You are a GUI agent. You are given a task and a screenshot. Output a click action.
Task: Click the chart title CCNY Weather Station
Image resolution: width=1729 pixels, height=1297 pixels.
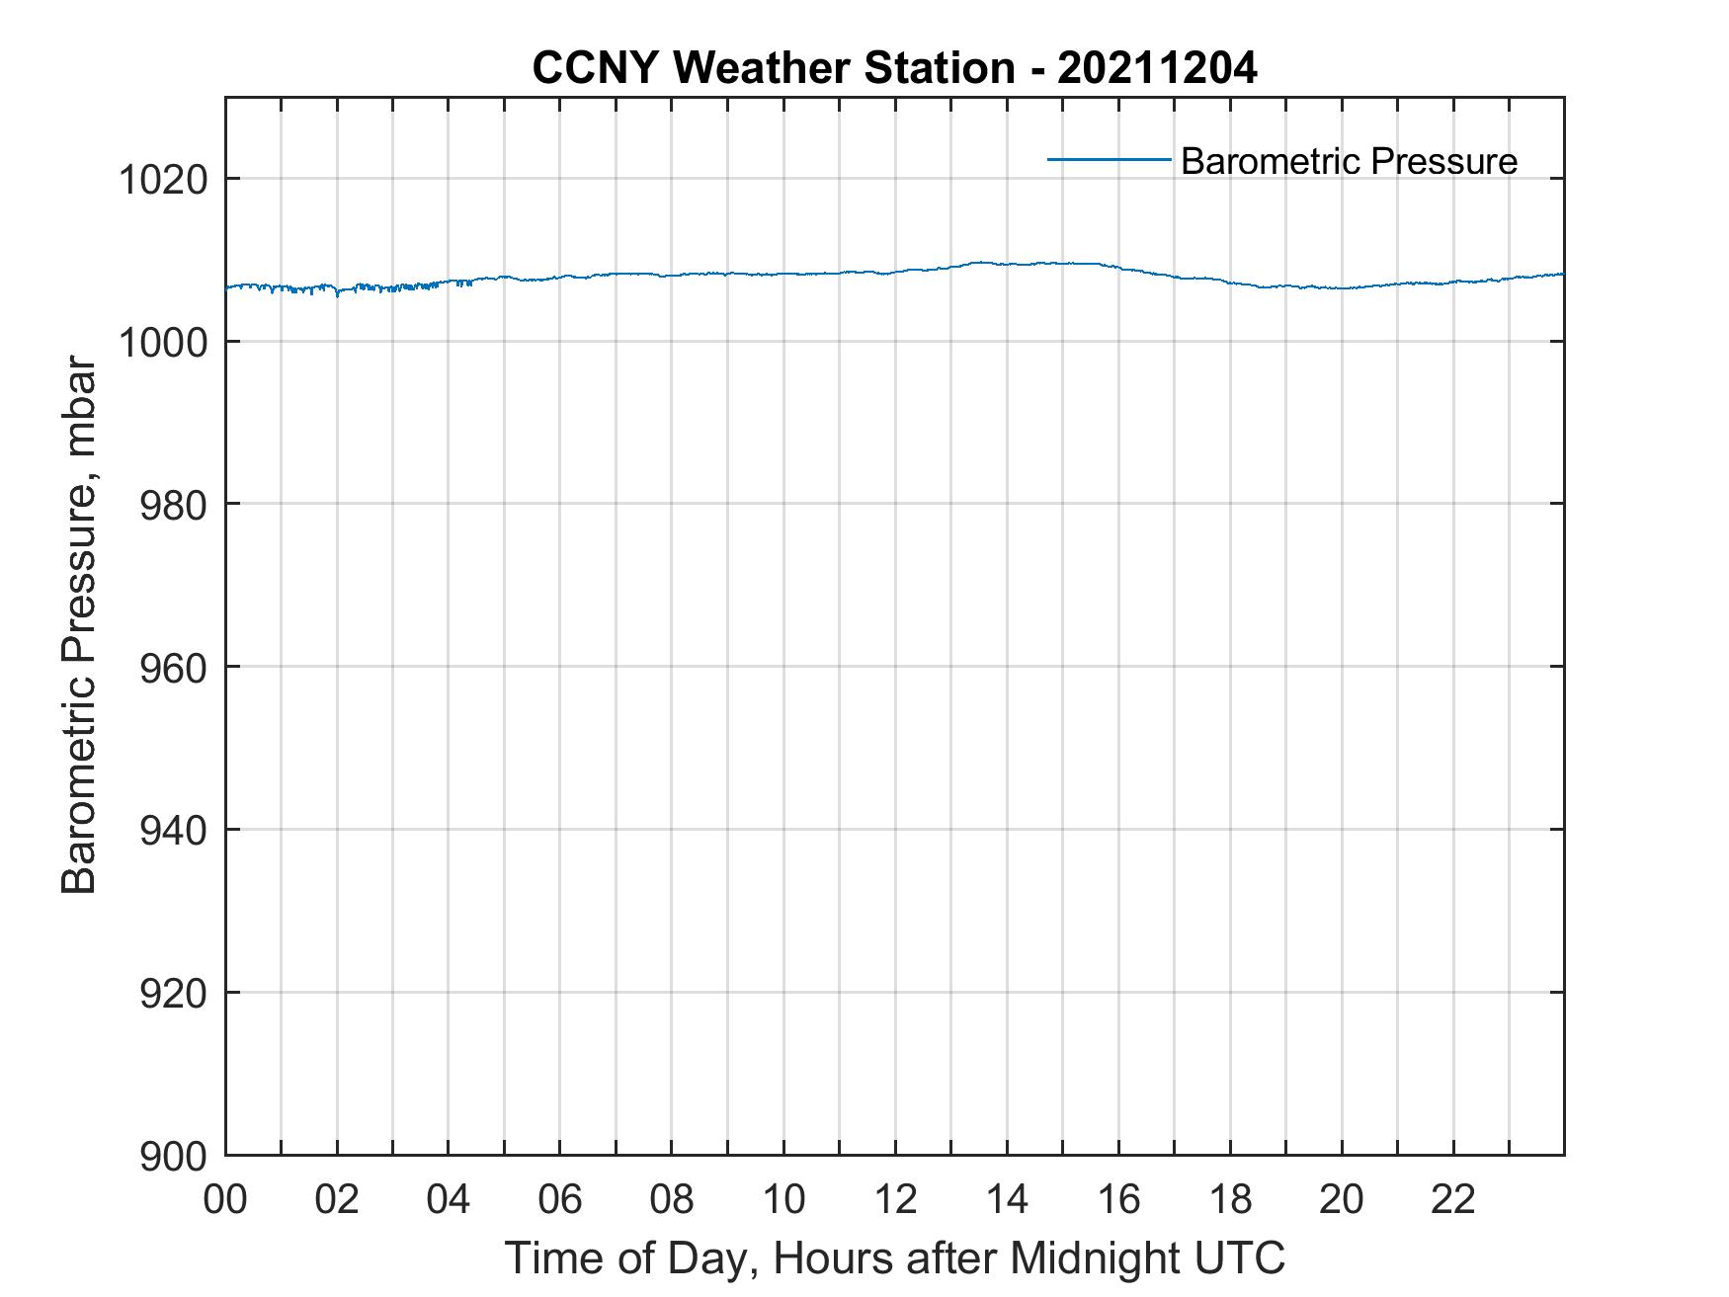(773, 68)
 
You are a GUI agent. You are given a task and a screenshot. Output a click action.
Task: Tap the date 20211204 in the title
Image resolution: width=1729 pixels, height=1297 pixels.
(1157, 68)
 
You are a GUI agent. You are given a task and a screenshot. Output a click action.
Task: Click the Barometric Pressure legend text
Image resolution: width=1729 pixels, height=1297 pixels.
(1348, 161)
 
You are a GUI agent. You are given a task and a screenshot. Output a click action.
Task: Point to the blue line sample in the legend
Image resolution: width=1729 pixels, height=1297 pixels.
(1109, 159)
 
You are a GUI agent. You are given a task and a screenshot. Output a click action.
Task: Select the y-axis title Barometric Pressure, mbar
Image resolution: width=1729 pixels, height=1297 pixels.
(79, 625)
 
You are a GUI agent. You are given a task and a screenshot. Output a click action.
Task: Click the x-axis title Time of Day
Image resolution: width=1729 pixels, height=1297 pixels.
(894, 1257)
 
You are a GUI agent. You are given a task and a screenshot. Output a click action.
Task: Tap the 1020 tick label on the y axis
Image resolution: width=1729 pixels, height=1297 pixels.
(163, 180)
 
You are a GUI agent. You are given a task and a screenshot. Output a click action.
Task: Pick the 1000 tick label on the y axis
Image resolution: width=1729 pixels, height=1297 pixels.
(163, 343)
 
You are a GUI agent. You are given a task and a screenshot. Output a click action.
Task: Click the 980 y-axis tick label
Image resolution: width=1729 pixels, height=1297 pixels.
(174, 505)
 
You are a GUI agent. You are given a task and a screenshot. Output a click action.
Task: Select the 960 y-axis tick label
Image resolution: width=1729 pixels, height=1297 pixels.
(174, 668)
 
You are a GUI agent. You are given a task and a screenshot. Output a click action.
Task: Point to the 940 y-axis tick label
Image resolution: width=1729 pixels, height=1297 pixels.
(174, 831)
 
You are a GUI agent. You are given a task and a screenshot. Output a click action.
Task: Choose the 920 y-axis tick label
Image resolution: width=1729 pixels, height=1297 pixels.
(174, 993)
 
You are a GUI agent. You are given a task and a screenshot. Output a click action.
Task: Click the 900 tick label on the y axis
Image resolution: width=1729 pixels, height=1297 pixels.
(174, 1156)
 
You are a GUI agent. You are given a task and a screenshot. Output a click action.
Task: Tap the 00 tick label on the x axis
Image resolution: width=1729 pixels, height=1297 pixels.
(225, 1199)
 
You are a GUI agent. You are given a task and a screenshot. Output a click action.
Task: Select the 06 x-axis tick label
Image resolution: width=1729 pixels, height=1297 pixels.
(560, 1199)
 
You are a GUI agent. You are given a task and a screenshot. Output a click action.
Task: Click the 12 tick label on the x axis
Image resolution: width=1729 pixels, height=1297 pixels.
(895, 1199)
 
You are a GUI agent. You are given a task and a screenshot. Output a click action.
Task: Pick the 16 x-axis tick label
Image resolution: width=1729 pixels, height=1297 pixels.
(1118, 1199)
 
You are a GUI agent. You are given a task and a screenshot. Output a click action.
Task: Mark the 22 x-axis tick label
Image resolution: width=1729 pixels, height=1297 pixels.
(1453, 1199)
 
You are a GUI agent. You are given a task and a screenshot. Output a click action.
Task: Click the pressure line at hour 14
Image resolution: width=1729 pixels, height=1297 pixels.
(1007, 264)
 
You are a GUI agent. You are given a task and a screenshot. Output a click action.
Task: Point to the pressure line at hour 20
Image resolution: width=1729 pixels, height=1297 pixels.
(1342, 287)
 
